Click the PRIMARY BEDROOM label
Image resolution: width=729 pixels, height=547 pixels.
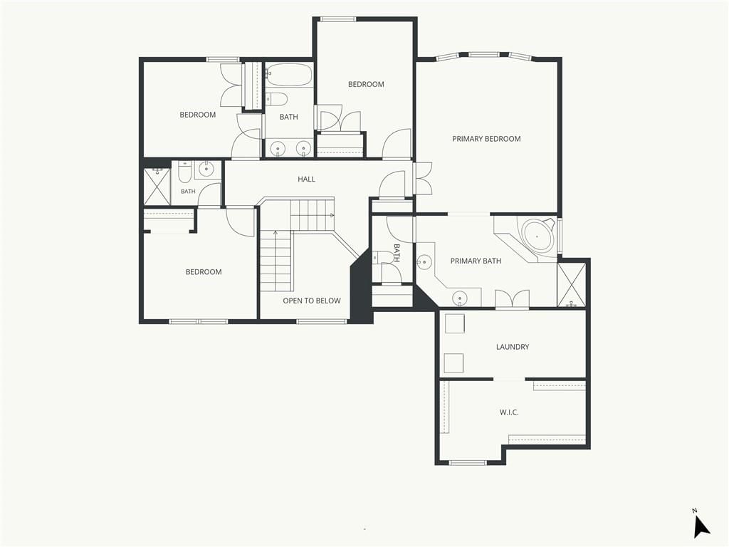pyautogui.click(x=486, y=139)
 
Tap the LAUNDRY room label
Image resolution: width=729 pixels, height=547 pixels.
pyautogui.click(x=513, y=347)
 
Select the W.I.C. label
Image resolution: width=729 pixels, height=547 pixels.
pyautogui.click(x=509, y=412)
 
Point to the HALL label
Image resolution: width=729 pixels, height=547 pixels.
pyautogui.click(x=306, y=179)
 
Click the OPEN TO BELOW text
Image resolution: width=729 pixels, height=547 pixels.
pyautogui.click(x=312, y=301)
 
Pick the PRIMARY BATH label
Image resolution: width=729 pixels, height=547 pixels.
pyautogui.click(x=476, y=261)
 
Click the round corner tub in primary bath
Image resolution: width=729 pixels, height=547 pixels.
pyautogui.click(x=537, y=236)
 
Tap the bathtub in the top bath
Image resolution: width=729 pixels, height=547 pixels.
pyautogui.click(x=289, y=74)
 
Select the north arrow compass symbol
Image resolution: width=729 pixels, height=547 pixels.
pyautogui.click(x=701, y=525)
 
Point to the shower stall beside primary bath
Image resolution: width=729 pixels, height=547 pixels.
pyautogui.click(x=572, y=285)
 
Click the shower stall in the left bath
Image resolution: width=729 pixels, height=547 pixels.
pyautogui.click(x=157, y=187)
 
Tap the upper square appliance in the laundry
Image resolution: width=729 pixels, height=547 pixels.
pyautogui.click(x=455, y=324)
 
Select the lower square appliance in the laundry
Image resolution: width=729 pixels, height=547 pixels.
pyautogui.click(x=453, y=363)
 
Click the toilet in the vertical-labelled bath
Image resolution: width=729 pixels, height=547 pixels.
pyautogui.click(x=382, y=257)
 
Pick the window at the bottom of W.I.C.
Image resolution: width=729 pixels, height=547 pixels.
pyautogui.click(x=468, y=462)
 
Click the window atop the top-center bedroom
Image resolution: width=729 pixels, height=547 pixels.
pyautogui.click(x=338, y=19)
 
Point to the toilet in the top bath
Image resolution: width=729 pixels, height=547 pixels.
pyautogui.click(x=276, y=98)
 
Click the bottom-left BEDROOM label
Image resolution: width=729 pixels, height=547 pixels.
pyautogui.click(x=204, y=272)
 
